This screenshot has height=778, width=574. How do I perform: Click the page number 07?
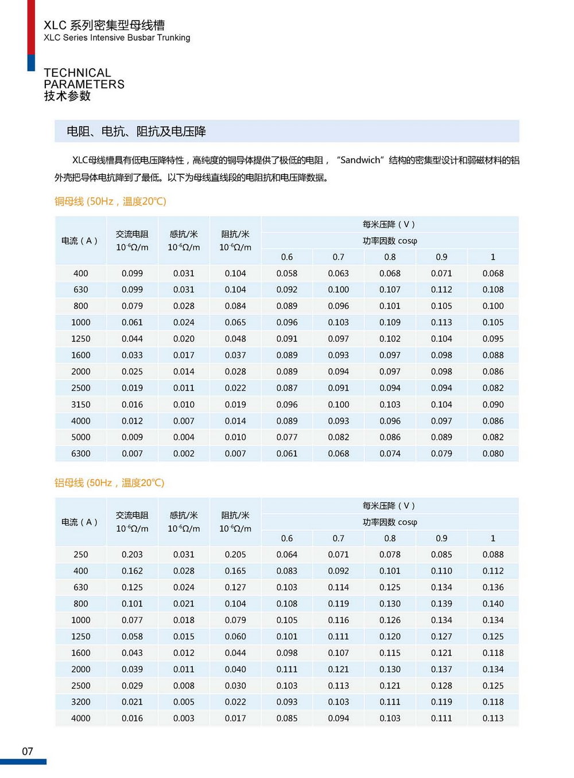coord(28,751)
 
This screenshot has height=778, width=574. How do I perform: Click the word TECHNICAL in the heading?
coord(77,73)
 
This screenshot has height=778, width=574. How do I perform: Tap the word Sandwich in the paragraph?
coord(360,160)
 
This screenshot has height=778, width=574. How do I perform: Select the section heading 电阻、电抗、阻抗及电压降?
coord(136,131)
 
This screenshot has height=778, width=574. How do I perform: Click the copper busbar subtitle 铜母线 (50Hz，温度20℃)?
coord(110,201)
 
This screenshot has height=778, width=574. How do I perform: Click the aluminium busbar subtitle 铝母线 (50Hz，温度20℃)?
coord(109,483)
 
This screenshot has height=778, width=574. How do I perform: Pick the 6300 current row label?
coord(80,453)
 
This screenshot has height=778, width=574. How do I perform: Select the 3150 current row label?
coord(80,404)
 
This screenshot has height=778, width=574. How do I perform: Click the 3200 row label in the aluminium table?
coord(80,702)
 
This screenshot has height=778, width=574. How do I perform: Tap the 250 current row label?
coord(80,554)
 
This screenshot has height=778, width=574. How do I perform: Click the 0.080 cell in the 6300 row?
coord(493,453)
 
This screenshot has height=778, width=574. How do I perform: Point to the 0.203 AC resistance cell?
coord(132,554)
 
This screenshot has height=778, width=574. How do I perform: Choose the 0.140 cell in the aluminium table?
coord(493,604)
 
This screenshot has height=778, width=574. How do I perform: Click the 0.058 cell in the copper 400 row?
coord(286,273)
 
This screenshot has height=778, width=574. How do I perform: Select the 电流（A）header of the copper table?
coord(80,241)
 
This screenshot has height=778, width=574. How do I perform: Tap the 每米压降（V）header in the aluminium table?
coord(389,506)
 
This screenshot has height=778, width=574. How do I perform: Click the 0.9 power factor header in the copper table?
coord(441,257)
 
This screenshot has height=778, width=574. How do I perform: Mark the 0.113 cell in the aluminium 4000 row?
coord(493,718)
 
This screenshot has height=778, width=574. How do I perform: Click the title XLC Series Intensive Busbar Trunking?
coord(117,38)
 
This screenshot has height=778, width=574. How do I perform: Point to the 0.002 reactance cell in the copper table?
coord(184,453)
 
